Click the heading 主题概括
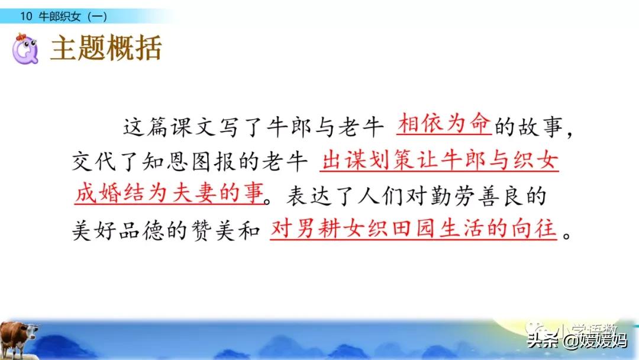pyautogui.click(x=106, y=48)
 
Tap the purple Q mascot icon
pyautogui.click(x=25, y=49)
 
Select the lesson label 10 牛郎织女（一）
pyautogui.click(x=63, y=17)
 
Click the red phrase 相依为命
pyautogui.click(x=444, y=123)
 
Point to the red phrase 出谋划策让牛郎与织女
pyautogui.click(x=439, y=160)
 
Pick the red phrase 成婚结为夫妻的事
pyautogui.click(x=170, y=193)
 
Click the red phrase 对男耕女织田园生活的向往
pyautogui.click(x=413, y=229)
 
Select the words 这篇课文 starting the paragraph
pyautogui.click(x=170, y=127)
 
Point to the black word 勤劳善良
pyautogui.click(x=475, y=197)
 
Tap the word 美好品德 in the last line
pyautogui.click(x=118, y=231)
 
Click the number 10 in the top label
pyautogui.click(x=26, y=17)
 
